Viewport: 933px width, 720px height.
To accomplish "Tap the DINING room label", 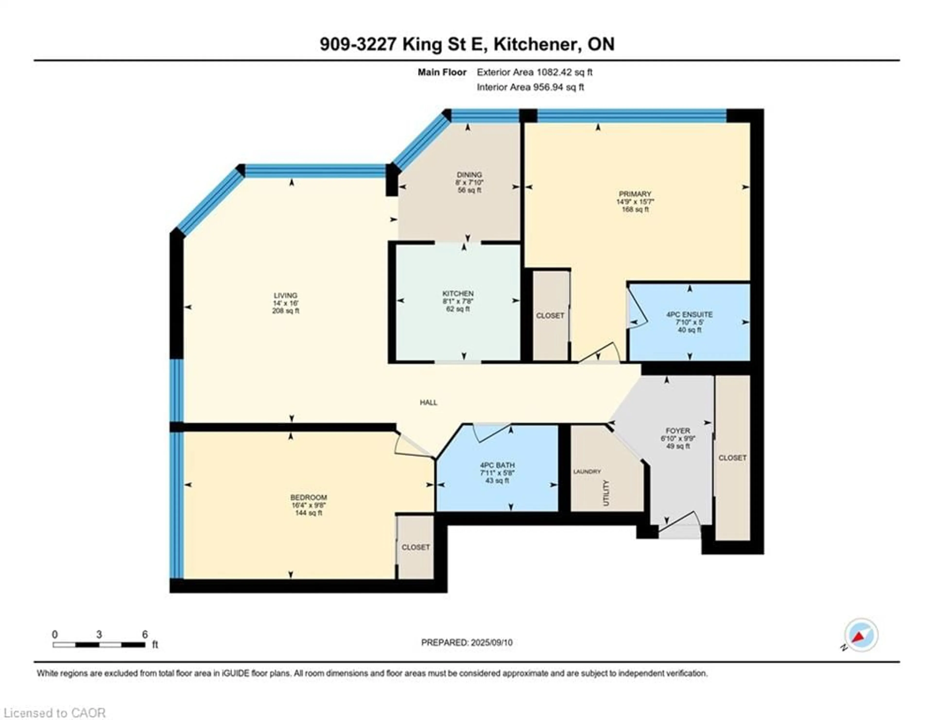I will point(469,175).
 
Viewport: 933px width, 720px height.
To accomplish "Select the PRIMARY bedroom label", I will point(635,194).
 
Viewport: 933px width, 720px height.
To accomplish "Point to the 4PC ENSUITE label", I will point(689,314).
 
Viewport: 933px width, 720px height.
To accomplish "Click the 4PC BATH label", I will point(497,465).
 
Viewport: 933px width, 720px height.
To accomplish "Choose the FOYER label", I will point(678,431).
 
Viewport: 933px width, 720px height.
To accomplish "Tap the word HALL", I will point(429,402).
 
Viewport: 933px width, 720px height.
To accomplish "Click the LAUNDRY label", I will point(587,471).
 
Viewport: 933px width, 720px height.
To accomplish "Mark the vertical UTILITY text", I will point(606,493).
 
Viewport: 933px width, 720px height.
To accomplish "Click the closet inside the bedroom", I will point(415,547).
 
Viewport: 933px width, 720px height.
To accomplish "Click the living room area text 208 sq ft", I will point(285,311).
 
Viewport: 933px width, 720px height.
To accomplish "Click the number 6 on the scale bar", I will point(145,634).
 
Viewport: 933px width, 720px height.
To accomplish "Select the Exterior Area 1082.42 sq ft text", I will point(535,72).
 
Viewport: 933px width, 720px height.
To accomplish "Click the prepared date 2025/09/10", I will point(491,642).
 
